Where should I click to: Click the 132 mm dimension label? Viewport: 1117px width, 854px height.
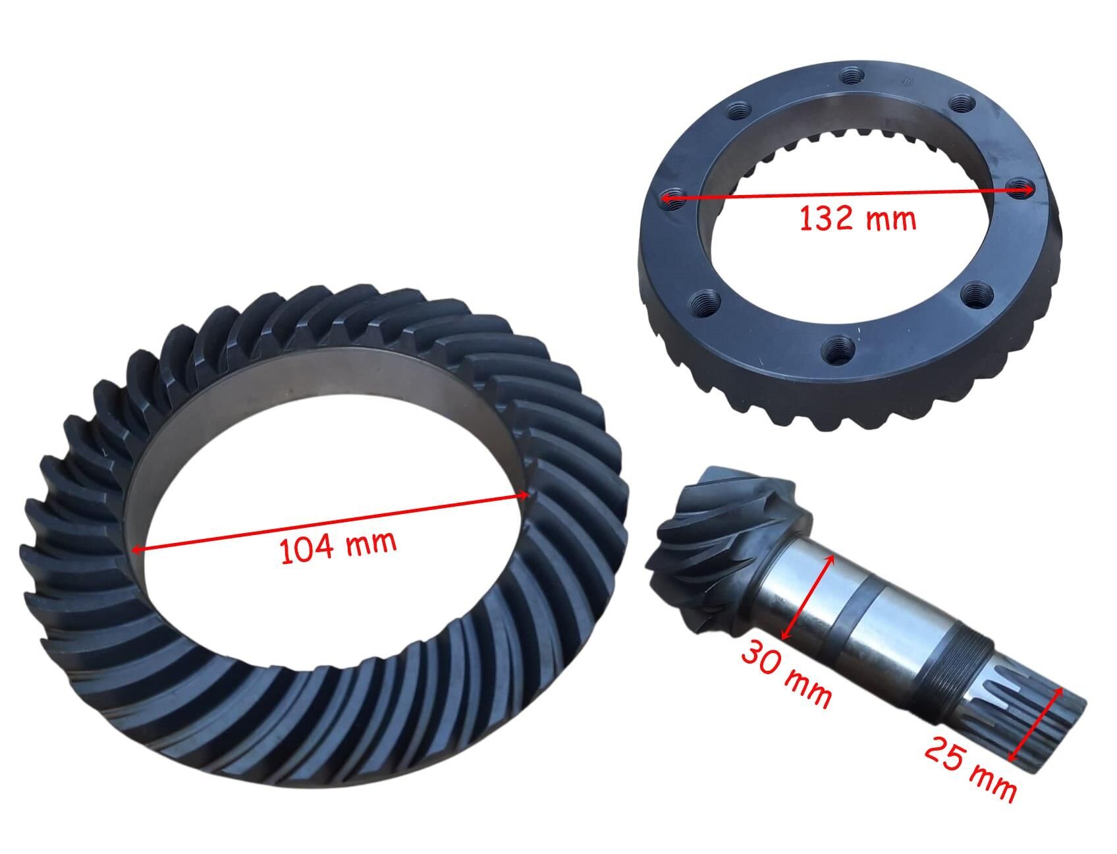(x=858, y=218)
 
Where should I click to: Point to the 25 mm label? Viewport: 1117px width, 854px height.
(x=969, y=768)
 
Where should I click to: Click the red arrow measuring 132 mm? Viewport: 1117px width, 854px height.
(x=847, y=193)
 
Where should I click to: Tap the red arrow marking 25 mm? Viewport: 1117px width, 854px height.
(x=1036, y=723)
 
